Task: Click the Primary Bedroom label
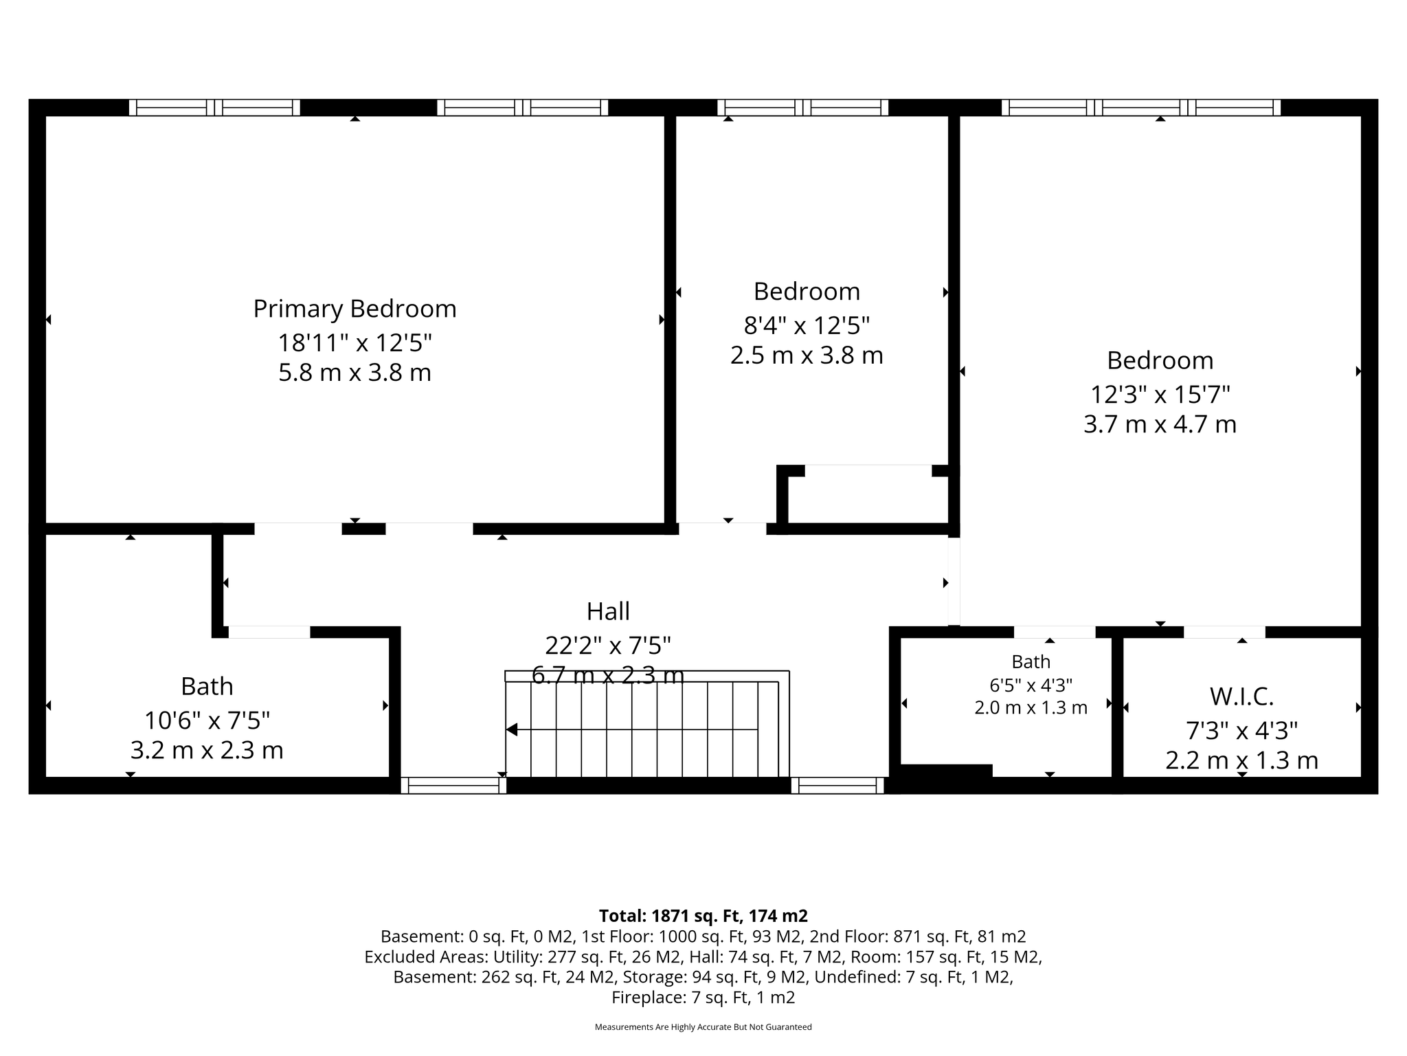click(x=354, y=309)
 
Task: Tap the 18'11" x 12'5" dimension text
click(x=354, y=342)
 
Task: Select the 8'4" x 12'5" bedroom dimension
click(x=807, y=324)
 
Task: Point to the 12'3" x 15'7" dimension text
click(x=1160, y=395)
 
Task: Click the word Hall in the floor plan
click(x=608, y=611)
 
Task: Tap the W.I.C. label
click(x=1241, y=697)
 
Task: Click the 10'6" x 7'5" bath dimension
click(x=207, y=720)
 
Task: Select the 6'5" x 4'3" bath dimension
click(x=1031, y=685)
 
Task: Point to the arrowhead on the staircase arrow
click(x=511, y=729)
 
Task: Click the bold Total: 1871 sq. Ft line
click(x=703, y=916)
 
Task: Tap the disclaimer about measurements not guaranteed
click(x=703, y=1027)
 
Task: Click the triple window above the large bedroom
click(x=1141, y=107)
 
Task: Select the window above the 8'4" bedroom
click(x=803, y=107)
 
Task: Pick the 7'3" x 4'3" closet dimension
click(x=1241, y=730)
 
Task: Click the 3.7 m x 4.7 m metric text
click(x=1160, y=424)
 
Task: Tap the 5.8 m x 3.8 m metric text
click(x=354, y=373)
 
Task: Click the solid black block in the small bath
click(x=946, y=771)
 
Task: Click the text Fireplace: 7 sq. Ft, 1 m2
click(x=703, y=998)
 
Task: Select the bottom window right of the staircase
click(x=837, y=785)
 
